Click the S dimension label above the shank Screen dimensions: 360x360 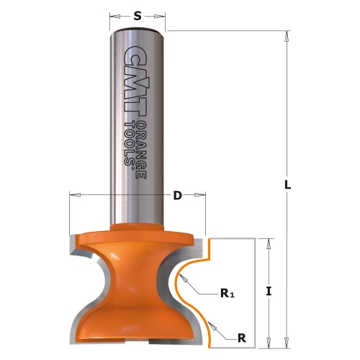[x=138, y=14]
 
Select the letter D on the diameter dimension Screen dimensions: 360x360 [x=177, y=194]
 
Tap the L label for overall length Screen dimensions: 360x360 [x=287, y=185]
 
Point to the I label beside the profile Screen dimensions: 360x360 [x=269, y=291]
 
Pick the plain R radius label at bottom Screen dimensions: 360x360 [x=242, y=336]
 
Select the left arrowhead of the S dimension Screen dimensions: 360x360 [x=114, y=14]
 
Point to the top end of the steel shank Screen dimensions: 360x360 [x=138, y=29]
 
